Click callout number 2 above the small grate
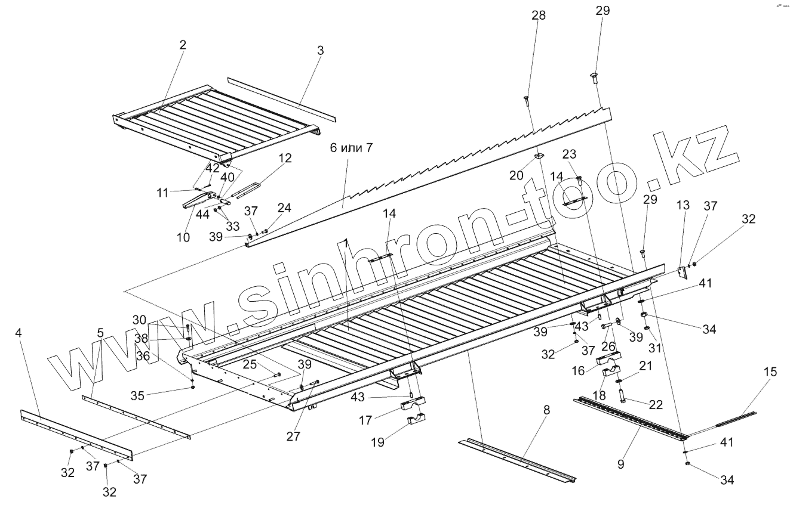pyautogui.click(x=183, y=45)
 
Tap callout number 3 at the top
pyautogui.click(x=321, y=51)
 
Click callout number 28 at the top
pyautogui.click(x=539, y=15)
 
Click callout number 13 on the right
pyautogui.click(x=683, y=206)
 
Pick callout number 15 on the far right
pyautogui.click(x=770, y=372)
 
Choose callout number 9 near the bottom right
pyautogui.click(x=621, y=463)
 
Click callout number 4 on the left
pyautogui.click(x=19, y=333)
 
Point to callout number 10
pyautogui.click(x=183, y=237)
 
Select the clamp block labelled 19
pyautogui.click(x=416, y=421)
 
